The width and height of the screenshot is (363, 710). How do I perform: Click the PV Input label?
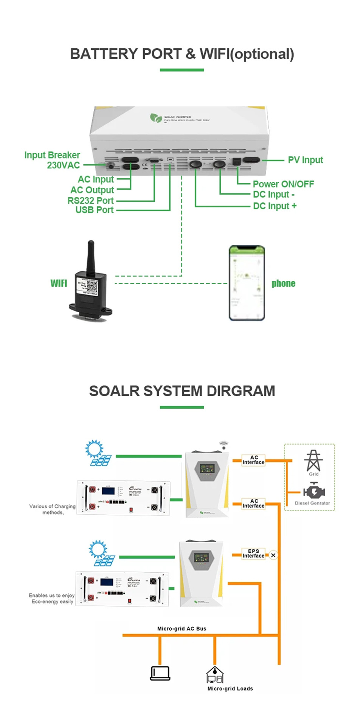click(305, 160)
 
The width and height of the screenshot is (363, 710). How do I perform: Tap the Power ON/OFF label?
click(283, 184)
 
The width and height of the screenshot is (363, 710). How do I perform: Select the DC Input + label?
click(275, 206)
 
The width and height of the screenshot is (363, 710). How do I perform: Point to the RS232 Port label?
click(90, 201)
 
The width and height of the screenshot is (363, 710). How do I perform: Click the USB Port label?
click(94, 210)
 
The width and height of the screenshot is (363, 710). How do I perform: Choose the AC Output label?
click(92, 190)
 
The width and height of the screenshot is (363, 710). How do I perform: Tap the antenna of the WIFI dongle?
click(90, 256)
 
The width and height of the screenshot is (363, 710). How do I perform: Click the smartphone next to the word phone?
click(247, 283)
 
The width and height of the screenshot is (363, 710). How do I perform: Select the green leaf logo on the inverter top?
click(155, 118)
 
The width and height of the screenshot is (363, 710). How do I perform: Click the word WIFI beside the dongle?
click(59, 283)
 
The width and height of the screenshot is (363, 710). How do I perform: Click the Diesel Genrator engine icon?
click(313, 491)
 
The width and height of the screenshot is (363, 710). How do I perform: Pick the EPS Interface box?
click(253, 554)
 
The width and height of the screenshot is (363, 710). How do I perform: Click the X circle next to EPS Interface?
click(273, 555)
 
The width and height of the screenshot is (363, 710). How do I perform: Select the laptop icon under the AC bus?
click(160, 674)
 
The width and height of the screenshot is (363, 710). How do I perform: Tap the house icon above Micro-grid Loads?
click(215, 675)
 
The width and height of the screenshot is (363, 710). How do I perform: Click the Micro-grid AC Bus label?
click(181, 629)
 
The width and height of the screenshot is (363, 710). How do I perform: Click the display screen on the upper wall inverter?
click(207, 468)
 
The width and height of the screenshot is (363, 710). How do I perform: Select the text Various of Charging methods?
click(52, 509)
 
